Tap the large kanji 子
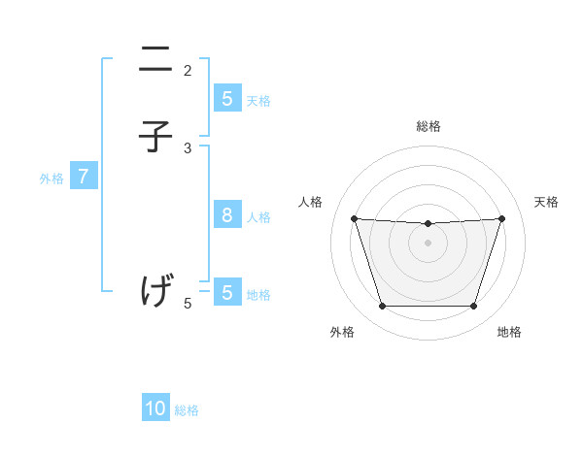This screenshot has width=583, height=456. point(155,137)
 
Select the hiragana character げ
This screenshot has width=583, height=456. point(156,290)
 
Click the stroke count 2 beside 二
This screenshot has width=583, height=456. point(188,70)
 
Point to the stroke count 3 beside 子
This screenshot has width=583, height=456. point(188,147)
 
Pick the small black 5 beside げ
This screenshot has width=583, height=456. point(188,303)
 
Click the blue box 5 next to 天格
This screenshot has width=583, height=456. point(226,98)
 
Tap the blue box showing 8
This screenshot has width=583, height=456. point(226,215)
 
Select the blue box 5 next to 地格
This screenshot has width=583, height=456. point(226,292)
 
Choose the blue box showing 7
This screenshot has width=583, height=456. point(84,177)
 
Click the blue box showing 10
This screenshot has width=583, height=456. point(155,408)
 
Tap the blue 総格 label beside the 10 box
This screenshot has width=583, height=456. point(187,410)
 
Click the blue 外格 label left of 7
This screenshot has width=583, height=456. point(51,179)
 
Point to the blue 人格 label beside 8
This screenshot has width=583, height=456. point(258,217)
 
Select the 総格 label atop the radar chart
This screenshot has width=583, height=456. point(428,126)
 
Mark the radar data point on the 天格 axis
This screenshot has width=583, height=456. point(501,218)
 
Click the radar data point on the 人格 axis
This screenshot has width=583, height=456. point(354,218)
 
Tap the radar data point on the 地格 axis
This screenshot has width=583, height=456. point(473,307)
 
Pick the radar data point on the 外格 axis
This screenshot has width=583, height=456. point(382,307)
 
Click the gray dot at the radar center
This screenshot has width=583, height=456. point(428,243)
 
